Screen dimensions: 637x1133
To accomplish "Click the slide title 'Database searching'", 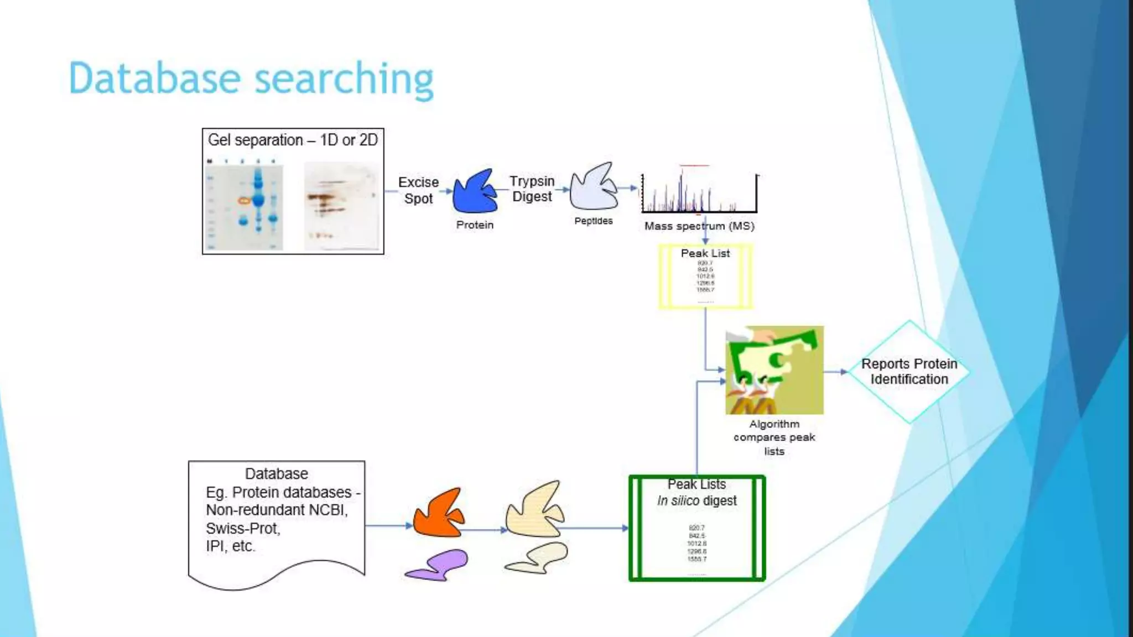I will click(x=251, y=79).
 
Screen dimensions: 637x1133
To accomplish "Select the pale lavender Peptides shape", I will click(x=593, y=188).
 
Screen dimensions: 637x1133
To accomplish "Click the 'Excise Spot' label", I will click(x=418, y=190).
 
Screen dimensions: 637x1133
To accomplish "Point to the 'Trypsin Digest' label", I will click(x=532, y=189).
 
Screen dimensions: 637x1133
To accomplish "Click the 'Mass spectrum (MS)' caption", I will click(x=699, y=226).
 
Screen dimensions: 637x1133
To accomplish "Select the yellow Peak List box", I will click(x=705, y=276).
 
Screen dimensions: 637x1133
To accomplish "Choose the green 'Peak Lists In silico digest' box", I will click(x=697, y=528).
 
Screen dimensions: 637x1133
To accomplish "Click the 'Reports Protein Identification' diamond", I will click(x=909, y=372).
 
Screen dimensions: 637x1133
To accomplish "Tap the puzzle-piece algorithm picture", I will click(x=775, y=369).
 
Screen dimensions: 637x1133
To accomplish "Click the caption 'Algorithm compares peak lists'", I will click(x=774, y=437).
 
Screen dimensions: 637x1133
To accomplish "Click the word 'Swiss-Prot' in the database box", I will click(x=243, y=528).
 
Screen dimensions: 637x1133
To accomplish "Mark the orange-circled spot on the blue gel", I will click(x=244, y=201).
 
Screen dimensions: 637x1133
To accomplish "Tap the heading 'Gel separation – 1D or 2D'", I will click(x=293, y=140).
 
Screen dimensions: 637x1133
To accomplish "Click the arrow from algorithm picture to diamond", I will click(x=835, y=372).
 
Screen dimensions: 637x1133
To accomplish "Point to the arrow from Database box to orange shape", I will click(x=388, y=525).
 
